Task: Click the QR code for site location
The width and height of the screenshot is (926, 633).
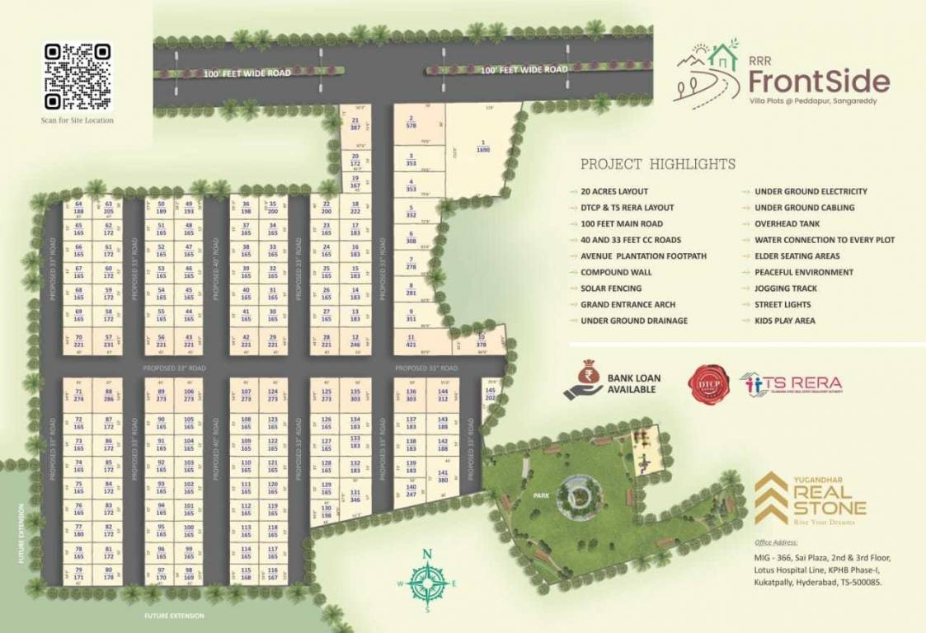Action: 78,77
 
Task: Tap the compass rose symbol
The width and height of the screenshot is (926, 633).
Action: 427,582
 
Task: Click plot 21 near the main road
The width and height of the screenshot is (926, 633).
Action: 355,124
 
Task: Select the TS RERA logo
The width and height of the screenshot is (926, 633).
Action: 791,384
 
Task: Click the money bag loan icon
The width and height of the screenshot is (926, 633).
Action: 584,380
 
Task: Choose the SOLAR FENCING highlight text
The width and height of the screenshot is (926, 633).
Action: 610,288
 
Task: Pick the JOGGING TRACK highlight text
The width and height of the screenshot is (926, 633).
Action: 786,288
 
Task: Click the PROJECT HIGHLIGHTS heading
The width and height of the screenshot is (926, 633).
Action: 658,164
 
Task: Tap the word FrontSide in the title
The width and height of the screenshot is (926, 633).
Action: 819,82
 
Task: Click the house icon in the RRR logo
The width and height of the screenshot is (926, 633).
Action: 723,58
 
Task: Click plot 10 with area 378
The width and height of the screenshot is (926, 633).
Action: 481,342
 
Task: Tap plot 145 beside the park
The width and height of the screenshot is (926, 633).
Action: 491,393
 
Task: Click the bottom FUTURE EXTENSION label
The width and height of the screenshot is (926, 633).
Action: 173,616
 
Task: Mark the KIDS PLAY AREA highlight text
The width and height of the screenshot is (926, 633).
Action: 785,321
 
